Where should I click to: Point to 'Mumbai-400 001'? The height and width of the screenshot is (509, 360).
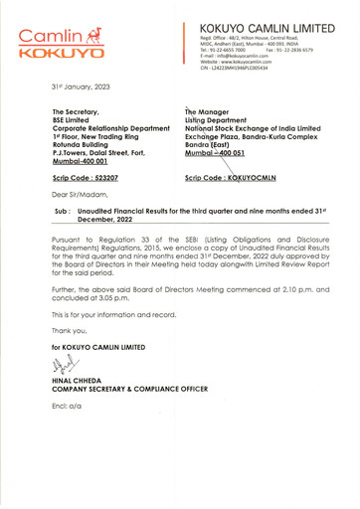point(82,160)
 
